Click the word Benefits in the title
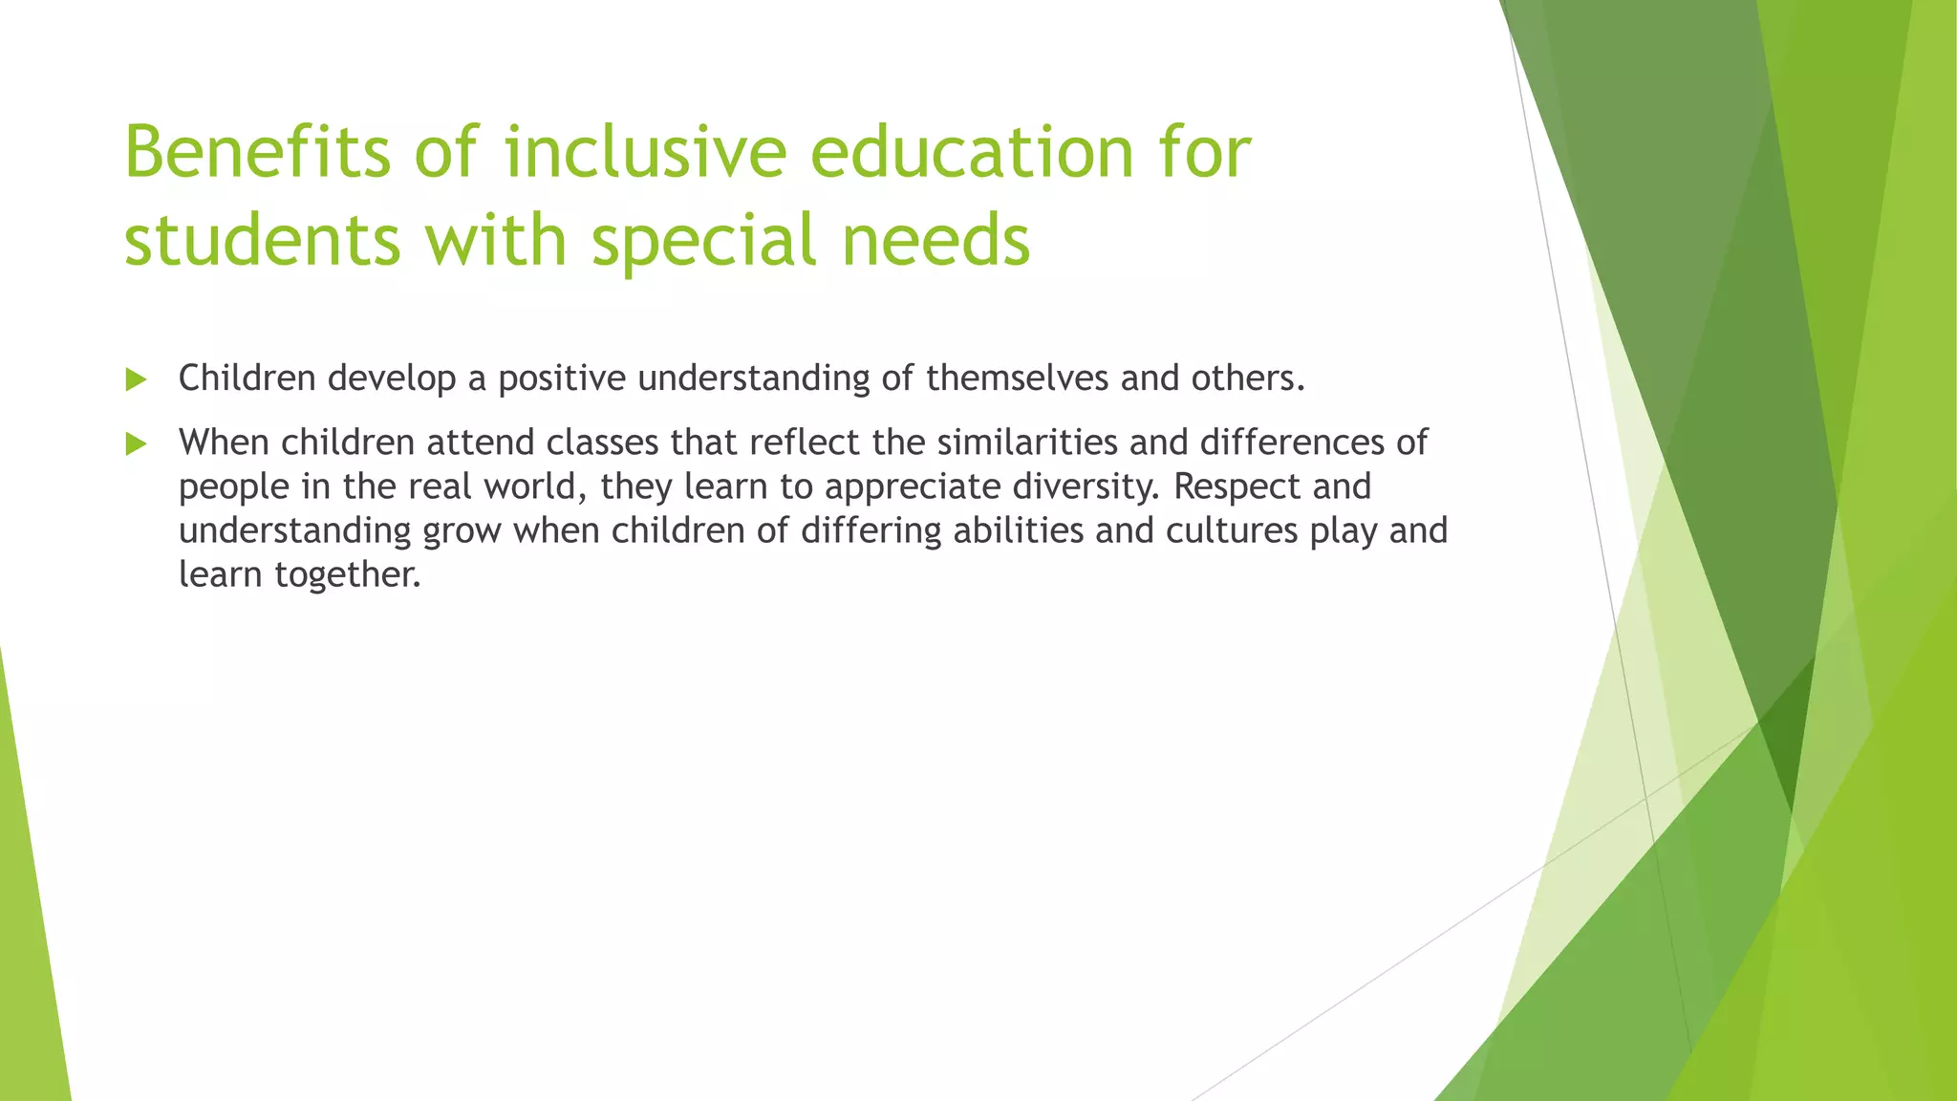(257, 152)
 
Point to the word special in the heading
(703, 240)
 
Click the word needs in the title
(935, 240)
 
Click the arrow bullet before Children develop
(136, 380)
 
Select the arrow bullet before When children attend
(136, 444)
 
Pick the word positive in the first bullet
(561, 378)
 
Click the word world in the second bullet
(533, 486)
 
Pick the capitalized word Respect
(1237, 486)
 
